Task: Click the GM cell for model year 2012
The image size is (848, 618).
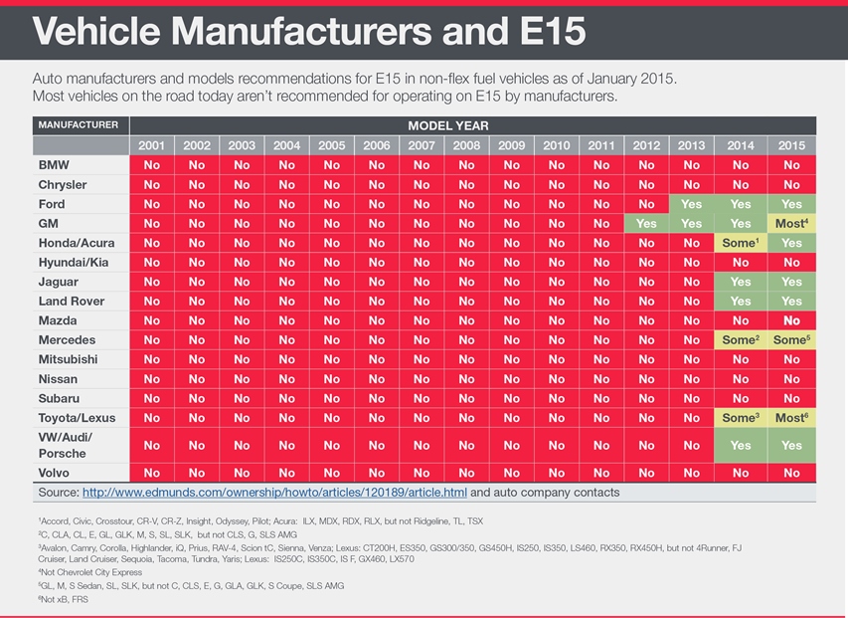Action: [646, 224]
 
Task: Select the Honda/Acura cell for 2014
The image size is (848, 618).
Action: [740, 243]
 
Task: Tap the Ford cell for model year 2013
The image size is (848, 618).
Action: [692, 204]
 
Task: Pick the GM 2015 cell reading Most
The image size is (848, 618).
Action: [792, 224]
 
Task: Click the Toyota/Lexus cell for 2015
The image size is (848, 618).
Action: [792, 418]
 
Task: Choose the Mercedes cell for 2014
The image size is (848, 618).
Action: [740, 340]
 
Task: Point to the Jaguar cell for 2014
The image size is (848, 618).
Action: [740, 282]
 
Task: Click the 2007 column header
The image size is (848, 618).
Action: [422, 145]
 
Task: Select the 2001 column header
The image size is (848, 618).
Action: [151, 145]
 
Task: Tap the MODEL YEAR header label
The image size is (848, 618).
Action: [448, 126]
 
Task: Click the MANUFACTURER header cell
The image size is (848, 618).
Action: [79, 126]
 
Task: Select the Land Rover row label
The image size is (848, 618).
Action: [72, 302]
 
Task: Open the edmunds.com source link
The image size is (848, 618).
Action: [273, 492]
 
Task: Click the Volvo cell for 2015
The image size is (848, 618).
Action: [792, 473]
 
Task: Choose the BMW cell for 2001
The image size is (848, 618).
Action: [151, 165]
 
